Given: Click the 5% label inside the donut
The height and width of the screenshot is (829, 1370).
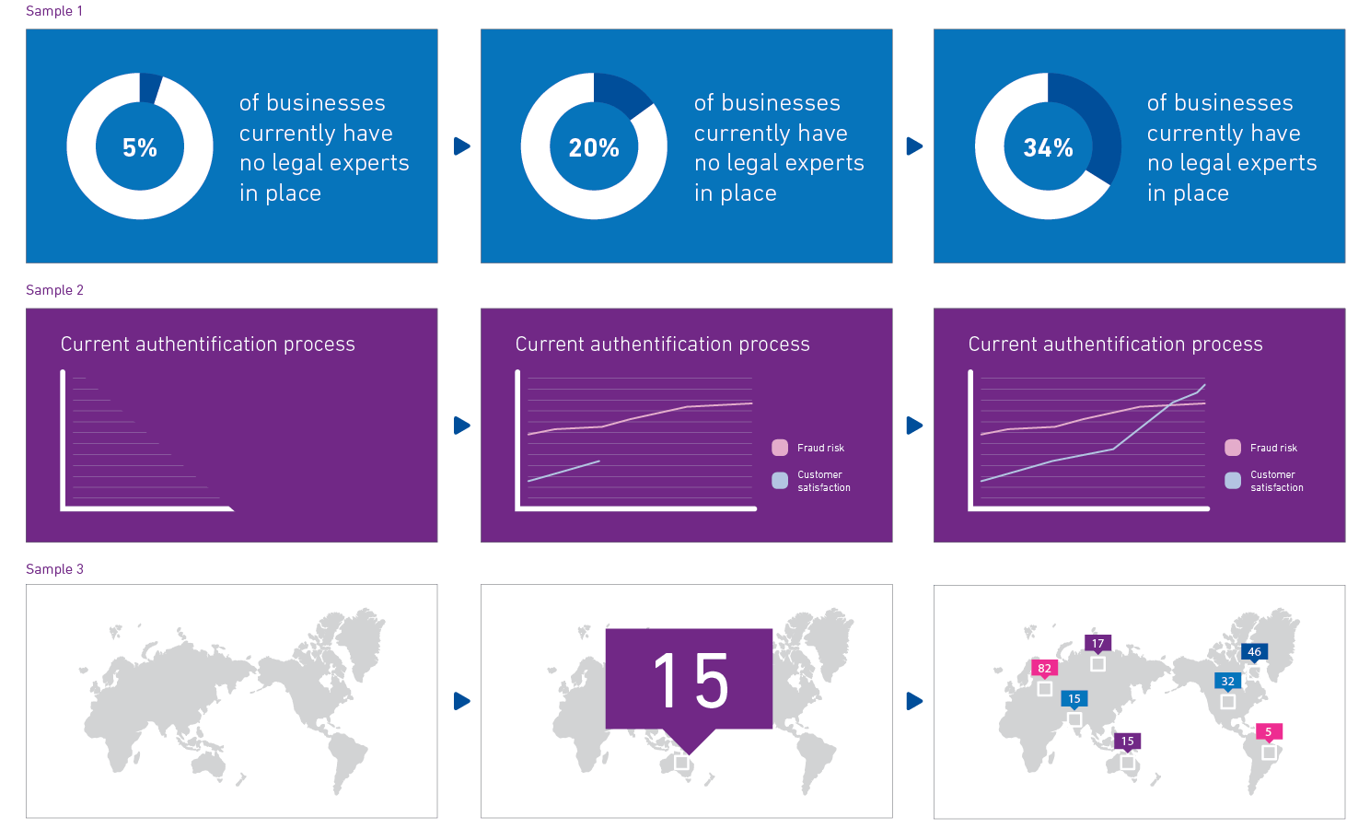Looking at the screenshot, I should coord(140,147).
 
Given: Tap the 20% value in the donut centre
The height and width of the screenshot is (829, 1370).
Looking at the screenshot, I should coord(594,147).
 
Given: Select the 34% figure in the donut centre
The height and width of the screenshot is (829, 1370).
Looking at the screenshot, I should coord(1048,147).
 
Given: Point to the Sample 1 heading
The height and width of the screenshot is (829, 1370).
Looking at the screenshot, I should coord(54,11).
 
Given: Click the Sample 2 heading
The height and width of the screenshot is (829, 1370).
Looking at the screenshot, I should coord(54,290).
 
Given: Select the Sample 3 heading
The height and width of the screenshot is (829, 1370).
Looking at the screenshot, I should coord(54,569).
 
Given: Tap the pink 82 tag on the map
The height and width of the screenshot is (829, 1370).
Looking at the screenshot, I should coord(1044,669).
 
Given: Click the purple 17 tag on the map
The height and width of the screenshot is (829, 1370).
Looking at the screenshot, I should coord(1097,644).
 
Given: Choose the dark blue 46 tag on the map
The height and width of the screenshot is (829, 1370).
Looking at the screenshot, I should coord(1254,652).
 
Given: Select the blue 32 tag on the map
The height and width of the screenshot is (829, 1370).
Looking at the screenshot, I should coord(1227,682).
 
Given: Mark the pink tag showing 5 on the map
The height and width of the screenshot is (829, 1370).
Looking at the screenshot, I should coord(1268,732).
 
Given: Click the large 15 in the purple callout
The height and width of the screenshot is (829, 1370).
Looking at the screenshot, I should coord(690,681).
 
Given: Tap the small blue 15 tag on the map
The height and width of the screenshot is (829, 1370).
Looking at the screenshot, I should coord(1074,699).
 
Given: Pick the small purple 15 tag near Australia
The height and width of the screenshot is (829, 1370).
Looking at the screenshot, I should coord(1127,741).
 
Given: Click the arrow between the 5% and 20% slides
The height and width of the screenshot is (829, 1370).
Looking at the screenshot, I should coord(461,146).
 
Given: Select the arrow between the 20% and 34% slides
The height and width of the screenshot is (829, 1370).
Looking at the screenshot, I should coord(913,146).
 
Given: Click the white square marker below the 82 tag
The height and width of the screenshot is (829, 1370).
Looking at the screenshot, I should coord(1044,689).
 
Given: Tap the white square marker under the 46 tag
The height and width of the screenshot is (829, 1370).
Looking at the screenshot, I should coord(1254,672).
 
